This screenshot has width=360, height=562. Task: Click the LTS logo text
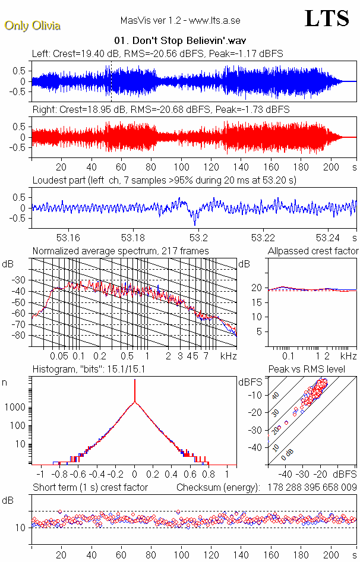(327, 18)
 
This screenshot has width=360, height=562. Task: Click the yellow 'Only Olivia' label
(32, 26)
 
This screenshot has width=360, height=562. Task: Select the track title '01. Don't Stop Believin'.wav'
(180, 41)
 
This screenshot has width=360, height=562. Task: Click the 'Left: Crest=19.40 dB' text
(77, 53)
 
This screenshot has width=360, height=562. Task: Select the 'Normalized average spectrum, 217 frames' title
(121, 251)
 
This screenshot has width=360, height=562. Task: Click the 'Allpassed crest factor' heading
(313, 251)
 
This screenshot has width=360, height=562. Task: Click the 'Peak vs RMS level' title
(315, 369)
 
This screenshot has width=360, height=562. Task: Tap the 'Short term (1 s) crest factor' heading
(90, 487)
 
